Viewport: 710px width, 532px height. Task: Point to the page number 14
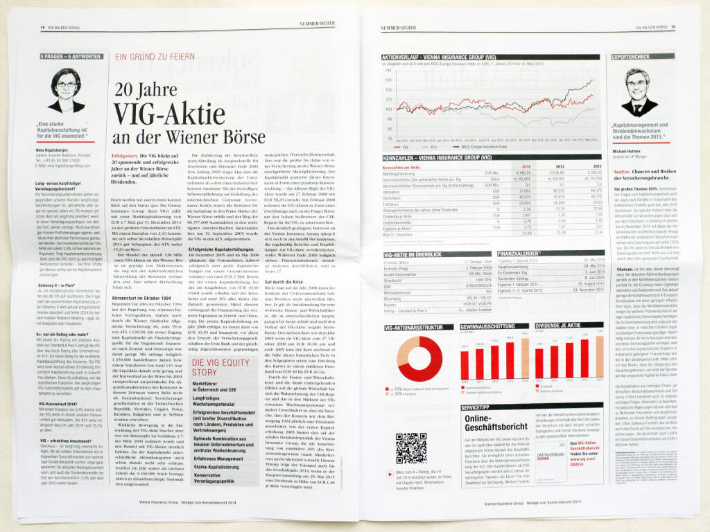[x=33, y=27]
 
